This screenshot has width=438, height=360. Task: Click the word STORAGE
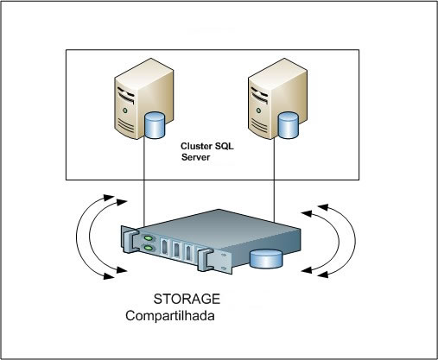click(187, 299)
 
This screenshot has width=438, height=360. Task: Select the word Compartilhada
click(170, 316)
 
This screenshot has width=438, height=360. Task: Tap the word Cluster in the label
click(195, 146)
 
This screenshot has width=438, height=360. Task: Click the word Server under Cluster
click(195, 157)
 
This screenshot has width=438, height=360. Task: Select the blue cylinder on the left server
click(155, 125)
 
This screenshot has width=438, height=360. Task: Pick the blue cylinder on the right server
click(288, 125)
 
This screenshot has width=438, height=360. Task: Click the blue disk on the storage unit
click(266, 259)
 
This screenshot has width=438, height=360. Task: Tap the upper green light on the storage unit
click(148, 238)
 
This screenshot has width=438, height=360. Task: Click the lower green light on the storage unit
click(149, 248)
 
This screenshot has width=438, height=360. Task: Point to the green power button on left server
click(124, 111)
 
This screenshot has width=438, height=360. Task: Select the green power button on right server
click(258, 111)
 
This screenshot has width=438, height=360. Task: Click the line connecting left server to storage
click(143, 183)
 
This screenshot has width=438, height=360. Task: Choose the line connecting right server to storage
click(274, 180)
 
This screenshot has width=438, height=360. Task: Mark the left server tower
click(144, 98)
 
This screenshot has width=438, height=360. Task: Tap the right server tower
click(277, 98)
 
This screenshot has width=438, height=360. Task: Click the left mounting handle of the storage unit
click(129, 239)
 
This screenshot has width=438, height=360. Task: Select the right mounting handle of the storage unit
click(205, 260)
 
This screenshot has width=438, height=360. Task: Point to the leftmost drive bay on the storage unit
click(164, 246)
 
